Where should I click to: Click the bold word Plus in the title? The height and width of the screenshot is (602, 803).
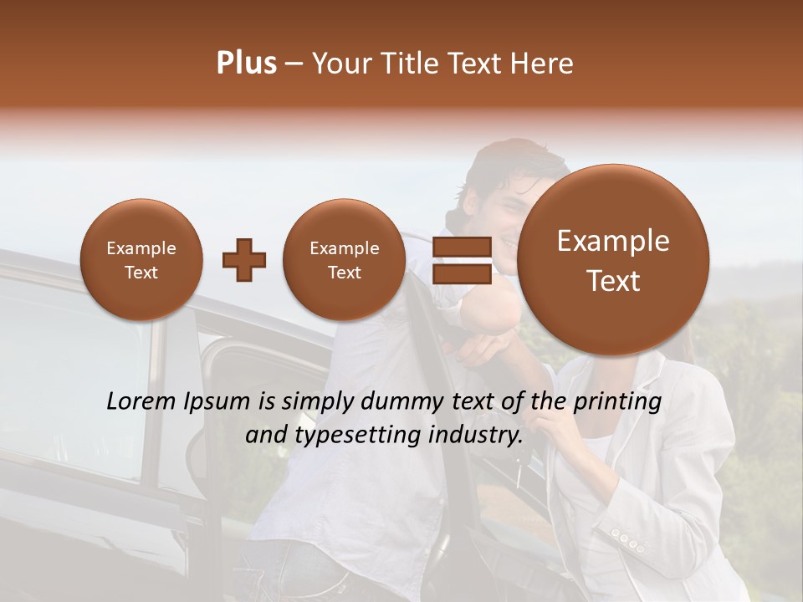246,64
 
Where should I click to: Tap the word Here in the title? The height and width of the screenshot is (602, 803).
542,64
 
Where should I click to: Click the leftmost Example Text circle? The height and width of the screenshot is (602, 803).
141,260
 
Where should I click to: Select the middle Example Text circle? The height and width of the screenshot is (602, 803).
344,260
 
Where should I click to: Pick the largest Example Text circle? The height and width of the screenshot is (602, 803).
613,260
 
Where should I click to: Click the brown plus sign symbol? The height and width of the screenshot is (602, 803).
244,260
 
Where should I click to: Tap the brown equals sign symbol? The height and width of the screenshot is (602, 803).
462,260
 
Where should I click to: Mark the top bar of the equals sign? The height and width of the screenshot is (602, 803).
462,247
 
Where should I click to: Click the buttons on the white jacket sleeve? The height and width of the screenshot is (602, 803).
627,539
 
